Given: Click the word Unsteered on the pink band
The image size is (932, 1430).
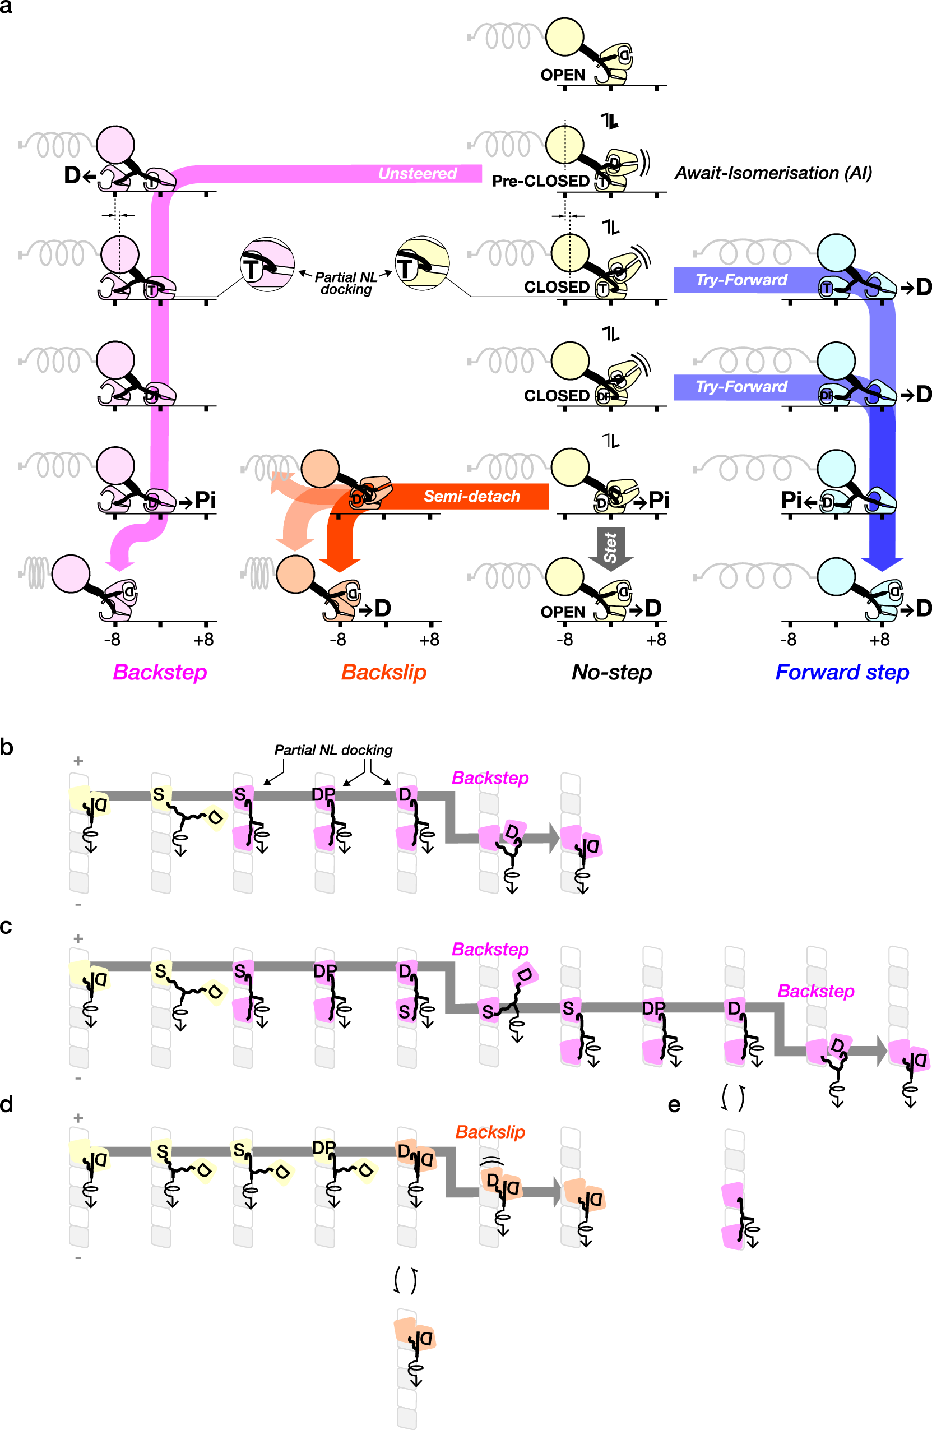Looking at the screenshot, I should [x=418, y=174].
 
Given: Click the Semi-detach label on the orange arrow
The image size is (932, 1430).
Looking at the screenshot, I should [x=471, y=496].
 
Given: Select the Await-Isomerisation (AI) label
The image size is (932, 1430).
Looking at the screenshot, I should [x=773, y=173].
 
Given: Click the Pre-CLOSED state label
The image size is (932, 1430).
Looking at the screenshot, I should [x=540, y=181].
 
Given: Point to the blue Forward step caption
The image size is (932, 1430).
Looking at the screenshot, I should [x=842, y=672].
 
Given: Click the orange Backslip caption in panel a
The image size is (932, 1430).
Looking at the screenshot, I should [x=384, y=672].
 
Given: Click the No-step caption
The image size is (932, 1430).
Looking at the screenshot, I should [x=611, y=672].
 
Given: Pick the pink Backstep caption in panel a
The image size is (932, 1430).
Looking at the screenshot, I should [x=160, y=672].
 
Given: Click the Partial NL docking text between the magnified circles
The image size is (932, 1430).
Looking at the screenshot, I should [x=346, y=283].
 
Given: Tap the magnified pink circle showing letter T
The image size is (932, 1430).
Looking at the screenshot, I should [x=267, y=265].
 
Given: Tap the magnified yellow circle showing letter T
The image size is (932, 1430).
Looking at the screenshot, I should [x=422, y=262].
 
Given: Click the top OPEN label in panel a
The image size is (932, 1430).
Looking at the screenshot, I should [x=562, y=75].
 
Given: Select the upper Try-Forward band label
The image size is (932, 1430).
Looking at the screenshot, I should [x=741, y=280].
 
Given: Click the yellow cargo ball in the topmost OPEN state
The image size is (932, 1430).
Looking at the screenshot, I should [x=564, y=36].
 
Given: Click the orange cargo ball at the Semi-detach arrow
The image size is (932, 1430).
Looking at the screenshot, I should [x=320, y=468].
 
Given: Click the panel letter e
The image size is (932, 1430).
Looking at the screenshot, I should [x=674, y=1104].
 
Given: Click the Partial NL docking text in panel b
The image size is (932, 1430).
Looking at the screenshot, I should [x=333, y=750].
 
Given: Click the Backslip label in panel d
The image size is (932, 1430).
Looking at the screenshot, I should [x=490, y=1132].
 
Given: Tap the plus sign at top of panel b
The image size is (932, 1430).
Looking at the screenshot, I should [x=78, y=761].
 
